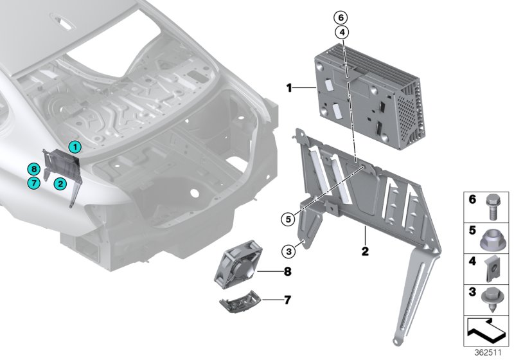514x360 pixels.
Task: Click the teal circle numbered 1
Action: (75, 147)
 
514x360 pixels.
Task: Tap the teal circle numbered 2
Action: (59, 183)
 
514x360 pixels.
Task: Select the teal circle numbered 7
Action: (34, 183)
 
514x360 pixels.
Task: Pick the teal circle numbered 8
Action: (34, 169)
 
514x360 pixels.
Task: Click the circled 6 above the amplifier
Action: (342, 17)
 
